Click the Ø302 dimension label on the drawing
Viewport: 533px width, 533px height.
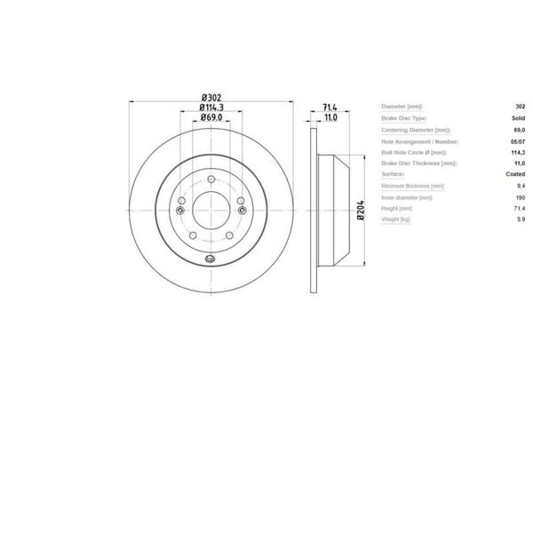211,97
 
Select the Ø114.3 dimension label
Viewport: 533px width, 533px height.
211,107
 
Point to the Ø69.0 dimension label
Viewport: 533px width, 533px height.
211,117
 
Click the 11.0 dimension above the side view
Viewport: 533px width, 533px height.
330,117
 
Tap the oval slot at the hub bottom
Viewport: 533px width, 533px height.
211,259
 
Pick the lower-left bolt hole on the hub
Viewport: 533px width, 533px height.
194,234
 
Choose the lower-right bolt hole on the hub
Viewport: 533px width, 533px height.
229,234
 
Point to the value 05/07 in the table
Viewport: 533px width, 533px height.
514,141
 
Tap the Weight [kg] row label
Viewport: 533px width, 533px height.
396,219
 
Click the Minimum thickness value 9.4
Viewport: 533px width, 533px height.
520,186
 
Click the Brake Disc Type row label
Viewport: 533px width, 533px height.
405,118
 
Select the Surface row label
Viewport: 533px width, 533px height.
393,175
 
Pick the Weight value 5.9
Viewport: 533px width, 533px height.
520,219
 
